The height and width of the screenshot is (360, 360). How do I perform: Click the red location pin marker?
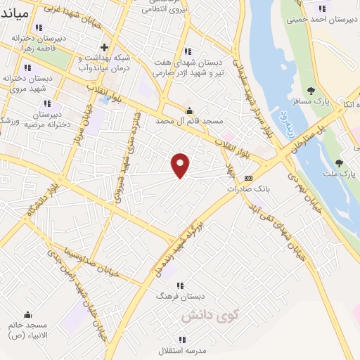(181, 165)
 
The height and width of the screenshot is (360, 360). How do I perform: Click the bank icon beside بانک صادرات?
(247, 178)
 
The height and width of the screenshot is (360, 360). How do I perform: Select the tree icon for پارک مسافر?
(311, 90)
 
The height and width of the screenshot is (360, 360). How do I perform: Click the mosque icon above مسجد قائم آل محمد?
(189, 110)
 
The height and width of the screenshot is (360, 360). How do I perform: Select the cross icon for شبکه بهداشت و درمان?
(103, 47)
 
